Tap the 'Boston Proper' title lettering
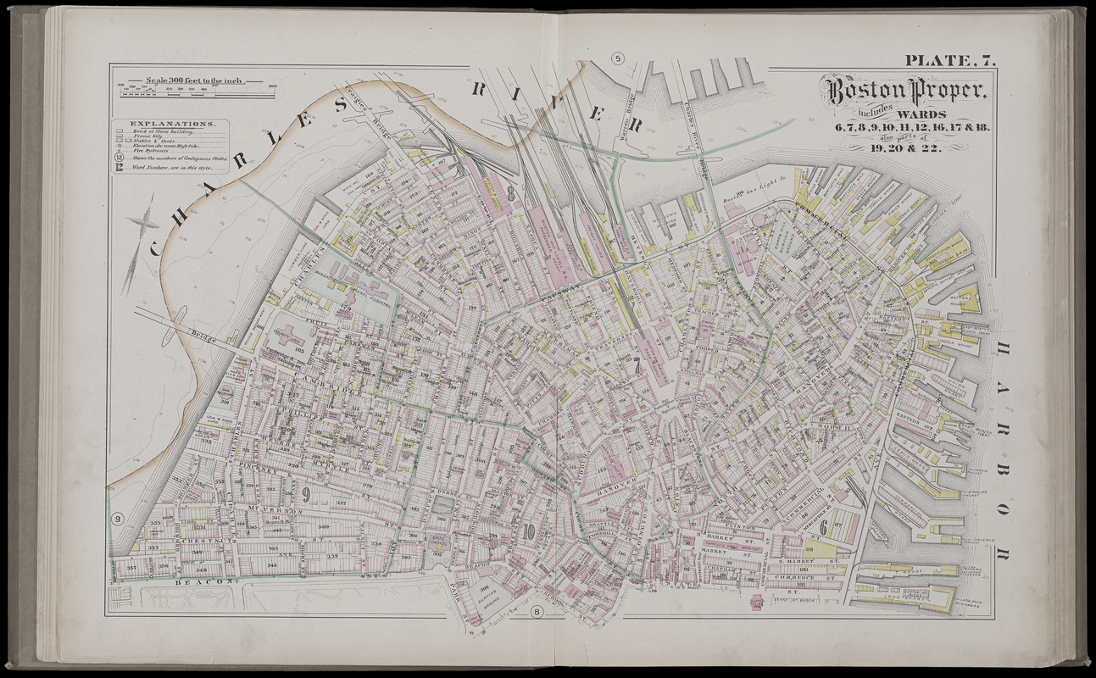point(902,91)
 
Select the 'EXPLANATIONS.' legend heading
point(166,124)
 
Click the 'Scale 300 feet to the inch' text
point(195,81)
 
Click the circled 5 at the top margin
point(618,58)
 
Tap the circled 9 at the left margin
point(117,519)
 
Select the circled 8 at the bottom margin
point(536,612)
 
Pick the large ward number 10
point(529,532)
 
